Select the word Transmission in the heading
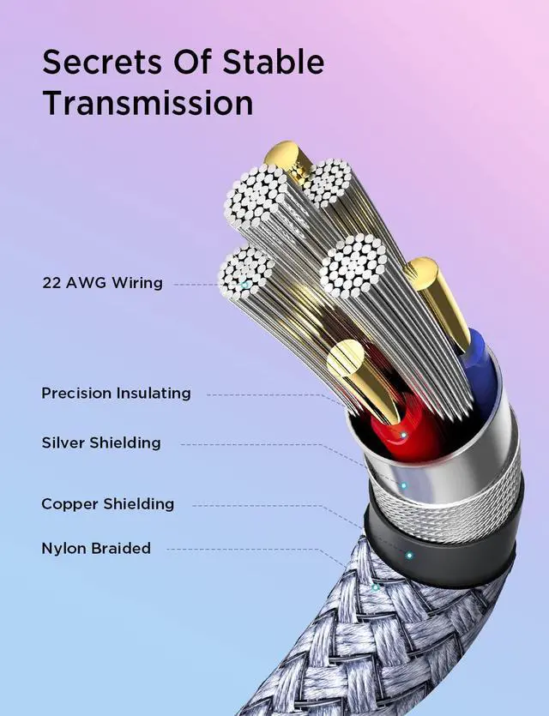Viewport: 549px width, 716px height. pos(148,103)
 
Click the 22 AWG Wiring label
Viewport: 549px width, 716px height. pos(102,282)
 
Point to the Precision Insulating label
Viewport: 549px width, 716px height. pos(116,394)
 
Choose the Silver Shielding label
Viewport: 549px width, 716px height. pos(101,443)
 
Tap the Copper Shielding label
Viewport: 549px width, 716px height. pos(108,503)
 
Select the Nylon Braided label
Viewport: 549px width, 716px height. pos(96,548)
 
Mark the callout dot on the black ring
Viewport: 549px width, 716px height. pos(409,555)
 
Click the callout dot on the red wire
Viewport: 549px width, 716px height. pos(402,435)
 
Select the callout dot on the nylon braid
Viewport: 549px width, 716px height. pos(375,587)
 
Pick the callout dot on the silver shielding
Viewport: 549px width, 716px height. pos(403,485)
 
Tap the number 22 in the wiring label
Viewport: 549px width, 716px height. pos(51,282)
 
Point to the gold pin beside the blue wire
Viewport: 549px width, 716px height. pos(439,300)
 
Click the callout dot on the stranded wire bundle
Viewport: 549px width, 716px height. pos(245,283)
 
